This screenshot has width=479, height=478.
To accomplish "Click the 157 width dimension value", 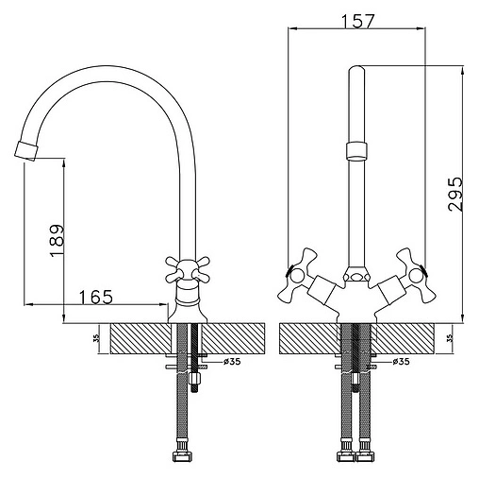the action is pos(358,21).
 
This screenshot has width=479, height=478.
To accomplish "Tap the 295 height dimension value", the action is pos(455,194).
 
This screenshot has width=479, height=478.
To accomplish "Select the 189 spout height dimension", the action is pos(57,241).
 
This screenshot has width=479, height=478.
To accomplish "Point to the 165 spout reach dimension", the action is pos(95,297).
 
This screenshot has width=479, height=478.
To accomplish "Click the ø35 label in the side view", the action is pos(232,361).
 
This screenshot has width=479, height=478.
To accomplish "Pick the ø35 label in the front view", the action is pos(401,361).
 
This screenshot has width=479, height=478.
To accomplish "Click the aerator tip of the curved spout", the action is pos(26,151).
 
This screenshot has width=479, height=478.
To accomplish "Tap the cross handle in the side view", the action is pos(188,270).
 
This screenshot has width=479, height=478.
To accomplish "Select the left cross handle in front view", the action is pos(298,275).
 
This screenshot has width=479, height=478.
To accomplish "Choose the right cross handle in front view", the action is pos(416,275).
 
